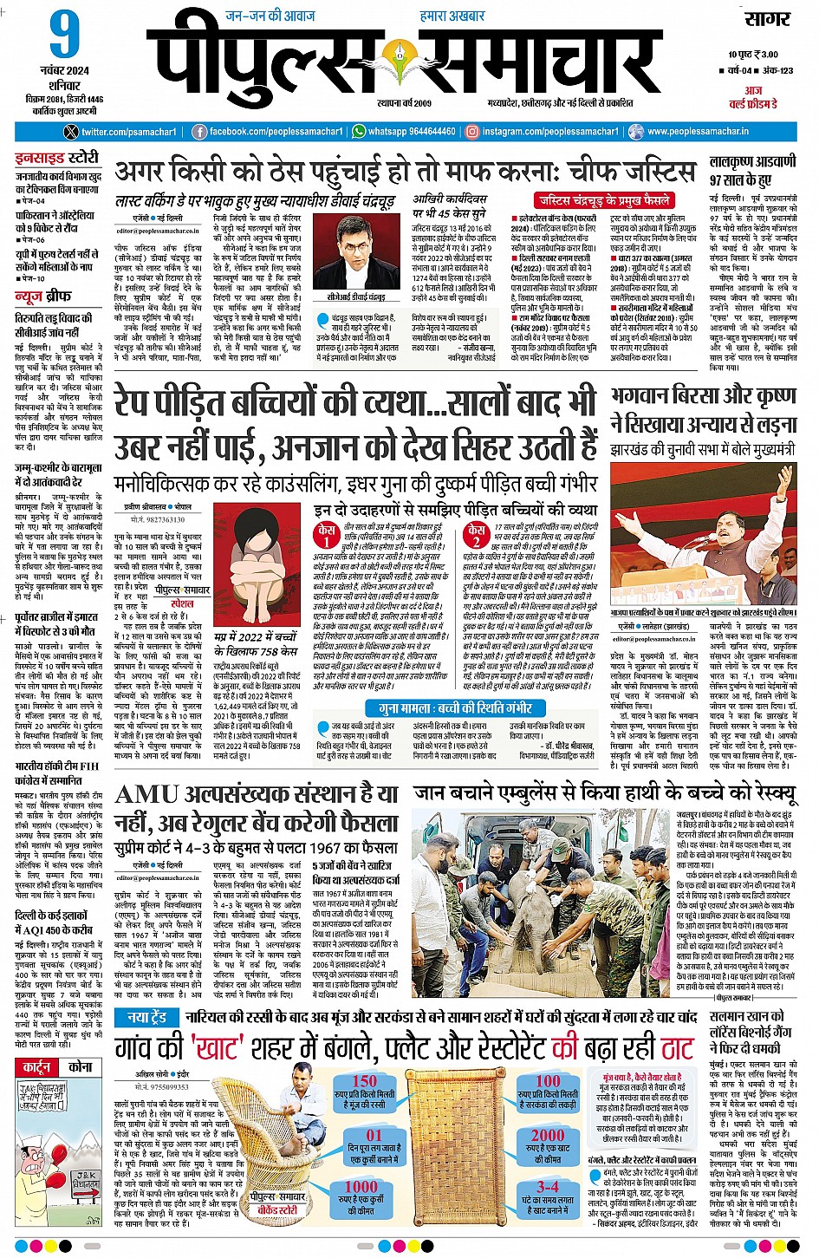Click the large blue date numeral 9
click(64, 36)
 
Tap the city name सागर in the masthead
click(767, 19)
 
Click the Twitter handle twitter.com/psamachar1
click(121, 132)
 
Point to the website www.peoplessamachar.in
click(697, 132)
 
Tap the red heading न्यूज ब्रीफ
click(42, 297)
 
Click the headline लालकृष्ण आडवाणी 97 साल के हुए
click(752, 171)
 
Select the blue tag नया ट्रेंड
click(146, 1017)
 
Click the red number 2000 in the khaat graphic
click(548, 1135)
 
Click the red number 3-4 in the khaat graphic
click(548, 1187)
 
